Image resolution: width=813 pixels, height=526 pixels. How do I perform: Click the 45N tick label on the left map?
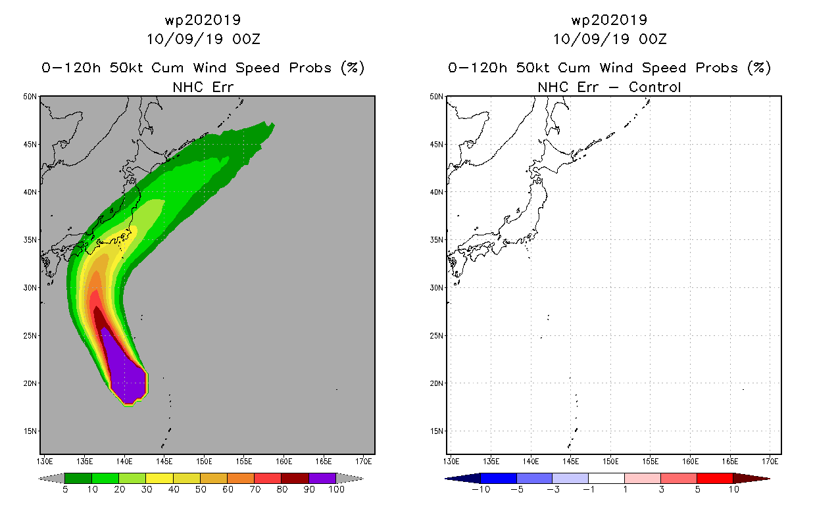point(30,145)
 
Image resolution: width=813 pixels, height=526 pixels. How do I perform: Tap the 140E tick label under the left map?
point(124,462)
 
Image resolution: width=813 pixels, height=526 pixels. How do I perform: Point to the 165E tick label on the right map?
point(730,462)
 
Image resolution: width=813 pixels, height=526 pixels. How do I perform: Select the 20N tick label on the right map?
point(436,383)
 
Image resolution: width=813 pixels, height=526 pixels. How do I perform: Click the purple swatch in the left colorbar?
point(322,478)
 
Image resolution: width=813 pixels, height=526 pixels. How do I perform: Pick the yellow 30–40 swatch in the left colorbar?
point(160,478)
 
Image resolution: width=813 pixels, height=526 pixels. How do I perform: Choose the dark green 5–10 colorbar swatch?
point(78,478)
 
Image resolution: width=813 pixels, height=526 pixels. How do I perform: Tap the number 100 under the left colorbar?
point(336,489)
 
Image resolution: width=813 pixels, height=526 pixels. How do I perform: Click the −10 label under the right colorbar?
point(481,489)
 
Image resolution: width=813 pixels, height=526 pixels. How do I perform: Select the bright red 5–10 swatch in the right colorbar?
point(715,478)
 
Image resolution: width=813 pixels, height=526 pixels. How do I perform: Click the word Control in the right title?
point(654,87)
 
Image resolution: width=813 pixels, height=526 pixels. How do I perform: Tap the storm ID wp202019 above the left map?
point(203,20)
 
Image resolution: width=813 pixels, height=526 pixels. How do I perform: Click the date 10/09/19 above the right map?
point(591,39)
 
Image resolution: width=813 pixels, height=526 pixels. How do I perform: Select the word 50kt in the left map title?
point(126,68)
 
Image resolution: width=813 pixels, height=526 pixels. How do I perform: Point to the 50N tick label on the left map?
point(30,97)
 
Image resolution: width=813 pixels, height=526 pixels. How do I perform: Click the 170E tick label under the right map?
point(770,462)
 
